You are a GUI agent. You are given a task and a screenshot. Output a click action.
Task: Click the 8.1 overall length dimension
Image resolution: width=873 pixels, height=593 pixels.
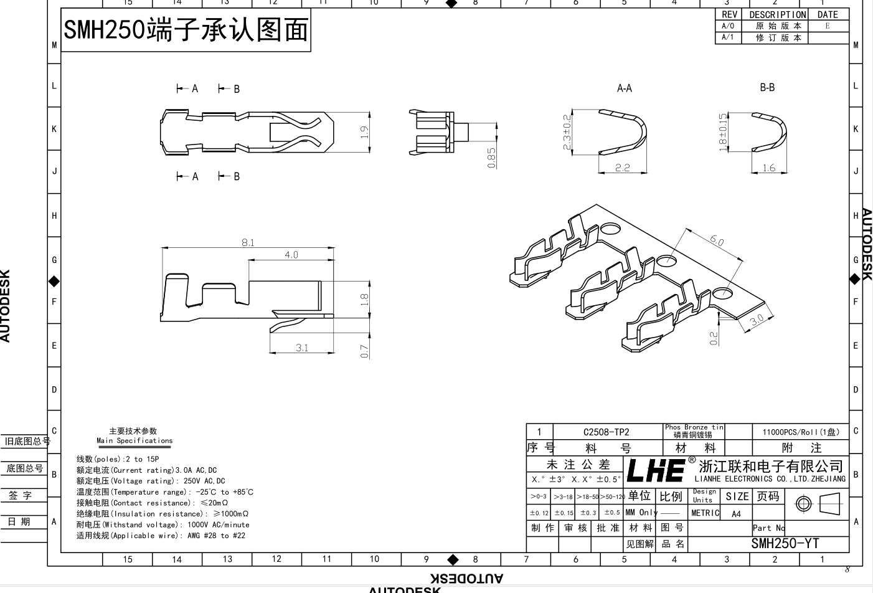tap(248, 242)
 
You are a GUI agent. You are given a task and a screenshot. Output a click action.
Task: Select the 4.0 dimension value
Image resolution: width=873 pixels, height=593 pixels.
tap(291, 255)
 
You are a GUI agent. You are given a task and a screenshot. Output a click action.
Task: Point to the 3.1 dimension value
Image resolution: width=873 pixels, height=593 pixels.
tap(302, 348)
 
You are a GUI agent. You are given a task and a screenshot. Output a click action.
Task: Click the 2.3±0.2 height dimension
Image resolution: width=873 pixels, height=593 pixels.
tap(567, 131)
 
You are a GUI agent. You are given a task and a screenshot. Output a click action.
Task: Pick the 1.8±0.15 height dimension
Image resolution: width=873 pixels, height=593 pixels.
tap(722, 131)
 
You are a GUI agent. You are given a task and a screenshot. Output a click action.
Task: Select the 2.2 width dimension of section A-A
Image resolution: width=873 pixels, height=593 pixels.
tap(622, 168)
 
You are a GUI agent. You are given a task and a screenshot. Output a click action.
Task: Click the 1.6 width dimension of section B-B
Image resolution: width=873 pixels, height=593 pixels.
tap(769, 168)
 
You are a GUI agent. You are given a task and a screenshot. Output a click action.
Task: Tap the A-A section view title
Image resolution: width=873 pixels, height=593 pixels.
tap(625, 88)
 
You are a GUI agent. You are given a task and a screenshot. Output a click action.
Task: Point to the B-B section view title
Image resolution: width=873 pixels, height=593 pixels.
tap(767, 88)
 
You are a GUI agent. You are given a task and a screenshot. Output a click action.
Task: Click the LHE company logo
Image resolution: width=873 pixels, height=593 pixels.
tap(656, 470)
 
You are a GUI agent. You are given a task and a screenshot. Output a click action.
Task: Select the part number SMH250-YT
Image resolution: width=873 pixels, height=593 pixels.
tap(785, 543)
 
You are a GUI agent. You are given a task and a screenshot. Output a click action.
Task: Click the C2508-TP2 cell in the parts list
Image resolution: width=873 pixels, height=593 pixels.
tap(606, 432)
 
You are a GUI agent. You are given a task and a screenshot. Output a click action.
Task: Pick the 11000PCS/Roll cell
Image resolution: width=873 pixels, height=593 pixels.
tap(801, 432)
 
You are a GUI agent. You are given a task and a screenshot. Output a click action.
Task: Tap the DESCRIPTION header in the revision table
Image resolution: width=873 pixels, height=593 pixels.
tap(778, 14)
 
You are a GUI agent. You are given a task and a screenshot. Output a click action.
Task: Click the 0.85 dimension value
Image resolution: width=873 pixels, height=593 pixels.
tap(491, 157)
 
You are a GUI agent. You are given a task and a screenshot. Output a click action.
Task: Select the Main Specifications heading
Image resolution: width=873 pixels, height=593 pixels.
tap(134, 440)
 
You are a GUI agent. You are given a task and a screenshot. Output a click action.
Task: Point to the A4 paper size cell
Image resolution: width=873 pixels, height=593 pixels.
tap(737, 514)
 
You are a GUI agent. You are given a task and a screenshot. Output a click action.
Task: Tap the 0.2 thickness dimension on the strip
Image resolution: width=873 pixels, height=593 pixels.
tap(714, 338)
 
